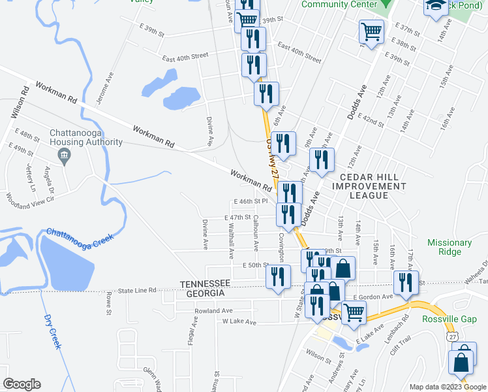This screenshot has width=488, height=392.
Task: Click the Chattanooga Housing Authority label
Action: tap(86, 137)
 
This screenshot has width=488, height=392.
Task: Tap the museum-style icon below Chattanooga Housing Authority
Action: tap(64, 155)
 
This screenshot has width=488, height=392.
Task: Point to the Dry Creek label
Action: tap(52, 331)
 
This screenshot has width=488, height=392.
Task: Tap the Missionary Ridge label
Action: tap(450, 248)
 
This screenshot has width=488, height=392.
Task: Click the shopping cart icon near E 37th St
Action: tap(371, 30)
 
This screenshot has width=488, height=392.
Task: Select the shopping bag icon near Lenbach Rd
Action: tap(461, 361)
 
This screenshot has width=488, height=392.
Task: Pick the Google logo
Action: tap(22, 384)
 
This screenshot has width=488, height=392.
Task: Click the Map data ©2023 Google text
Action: tap(447, 387)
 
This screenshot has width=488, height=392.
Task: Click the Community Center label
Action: tap(339, 5)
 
